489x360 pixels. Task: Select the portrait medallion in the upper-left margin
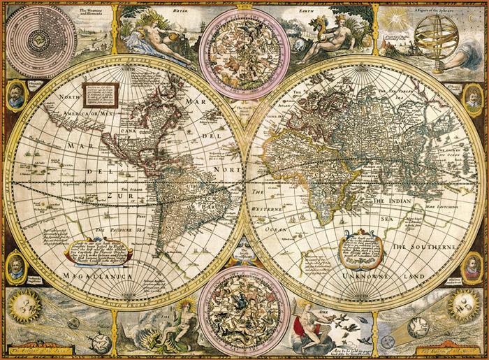15,95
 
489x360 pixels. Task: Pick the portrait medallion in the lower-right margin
473,266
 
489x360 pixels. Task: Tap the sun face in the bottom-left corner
24,306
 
